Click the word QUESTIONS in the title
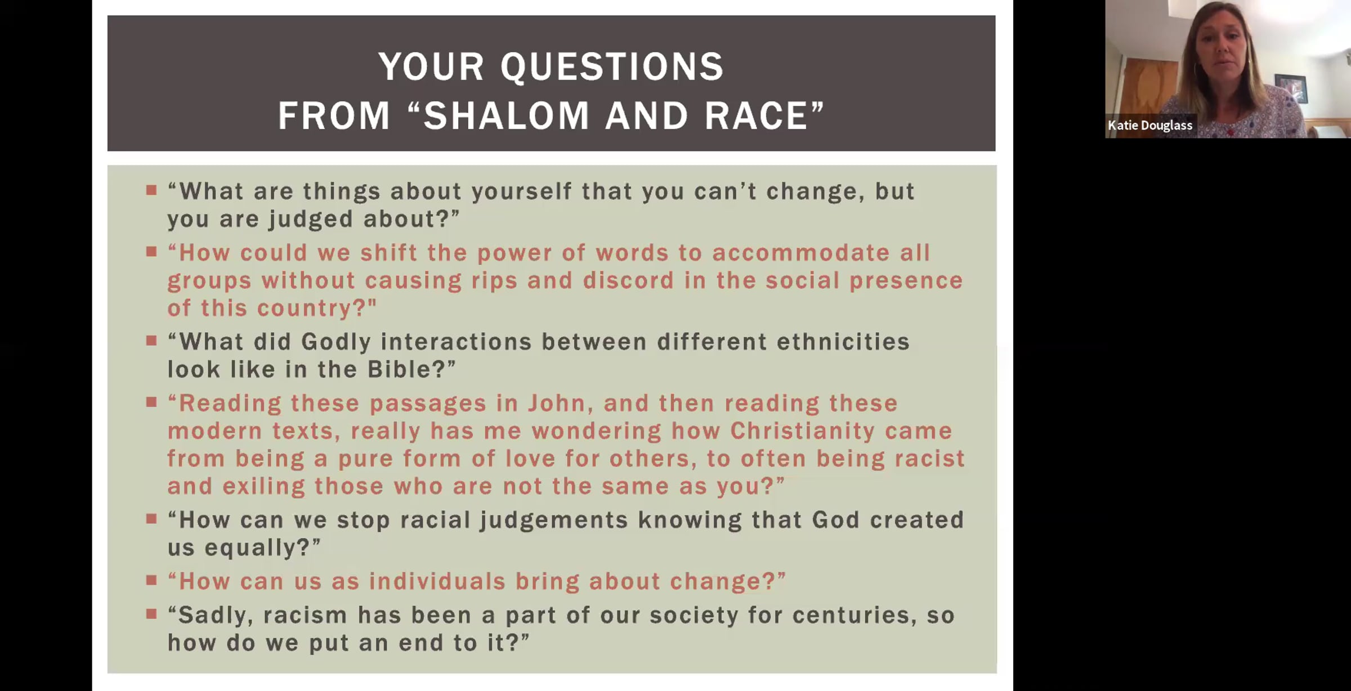612,67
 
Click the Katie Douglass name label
1150,126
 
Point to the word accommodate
800,253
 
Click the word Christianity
803,431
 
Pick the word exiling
263,487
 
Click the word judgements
553,520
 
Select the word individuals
437,581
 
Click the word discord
628,280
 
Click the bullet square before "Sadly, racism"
151,613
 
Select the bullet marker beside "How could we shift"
151,251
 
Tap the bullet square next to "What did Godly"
151,340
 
